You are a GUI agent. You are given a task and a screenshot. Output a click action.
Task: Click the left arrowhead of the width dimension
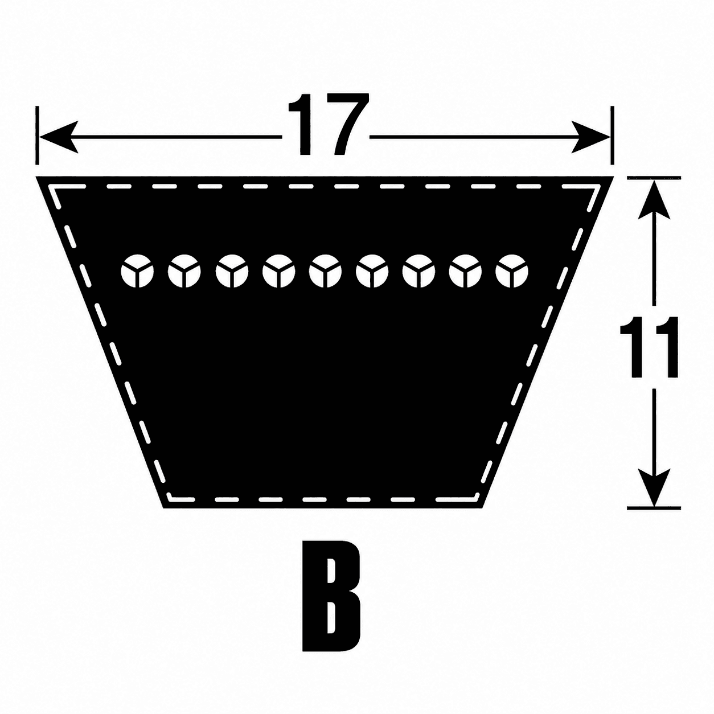coord(59,137)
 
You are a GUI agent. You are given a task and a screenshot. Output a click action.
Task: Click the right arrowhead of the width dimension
coord(590,137)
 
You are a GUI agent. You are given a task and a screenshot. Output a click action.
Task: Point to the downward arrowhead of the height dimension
coord(654,486)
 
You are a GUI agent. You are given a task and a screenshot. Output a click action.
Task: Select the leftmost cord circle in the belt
coord(137,270)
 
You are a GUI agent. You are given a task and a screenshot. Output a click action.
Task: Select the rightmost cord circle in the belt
coord(511,270)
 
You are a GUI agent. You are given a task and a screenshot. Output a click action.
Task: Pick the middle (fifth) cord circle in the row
coord(325,270)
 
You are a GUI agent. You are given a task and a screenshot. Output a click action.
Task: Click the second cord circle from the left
coord(184,270)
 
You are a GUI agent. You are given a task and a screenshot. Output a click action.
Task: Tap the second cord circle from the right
coord(465,270)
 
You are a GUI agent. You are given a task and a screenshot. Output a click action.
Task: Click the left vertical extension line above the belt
coord(37,136)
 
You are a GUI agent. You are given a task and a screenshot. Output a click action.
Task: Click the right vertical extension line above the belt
coord(612,136)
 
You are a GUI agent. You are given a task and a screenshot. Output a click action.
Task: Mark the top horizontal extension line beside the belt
coord(654,178)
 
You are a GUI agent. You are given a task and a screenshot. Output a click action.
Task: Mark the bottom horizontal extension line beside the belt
coord(654,507)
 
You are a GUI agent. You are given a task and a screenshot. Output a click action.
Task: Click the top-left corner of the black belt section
coord(36,177)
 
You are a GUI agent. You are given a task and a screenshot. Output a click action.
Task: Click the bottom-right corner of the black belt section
coord(483,508)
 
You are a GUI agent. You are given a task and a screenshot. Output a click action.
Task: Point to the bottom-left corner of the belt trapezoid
coord(163,508)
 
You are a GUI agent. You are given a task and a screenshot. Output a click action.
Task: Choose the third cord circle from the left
coord(231,270)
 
